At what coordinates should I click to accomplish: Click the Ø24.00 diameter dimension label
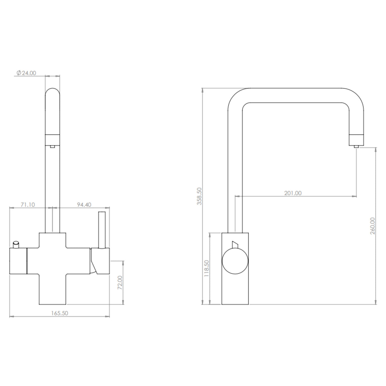coord(26,73)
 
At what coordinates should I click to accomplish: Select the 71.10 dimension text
coord(28,205)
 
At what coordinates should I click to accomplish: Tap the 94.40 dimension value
coord(84,205)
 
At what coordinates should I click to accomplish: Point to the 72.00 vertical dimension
coord(120,282)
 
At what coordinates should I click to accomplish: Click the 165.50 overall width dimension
coord(60,313)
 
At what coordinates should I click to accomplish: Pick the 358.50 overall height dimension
coord(199,196)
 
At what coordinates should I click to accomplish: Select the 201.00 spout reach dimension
coord(293,193)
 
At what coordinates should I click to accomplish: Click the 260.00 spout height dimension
coord(373,226)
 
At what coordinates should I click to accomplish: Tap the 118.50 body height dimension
coord(206,268)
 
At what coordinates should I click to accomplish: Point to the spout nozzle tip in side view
coord(356,146)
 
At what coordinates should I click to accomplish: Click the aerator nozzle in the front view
coord(52,146)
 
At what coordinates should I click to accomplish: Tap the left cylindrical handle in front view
coord(18,261)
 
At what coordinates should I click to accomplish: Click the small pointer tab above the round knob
coord(235,244)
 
